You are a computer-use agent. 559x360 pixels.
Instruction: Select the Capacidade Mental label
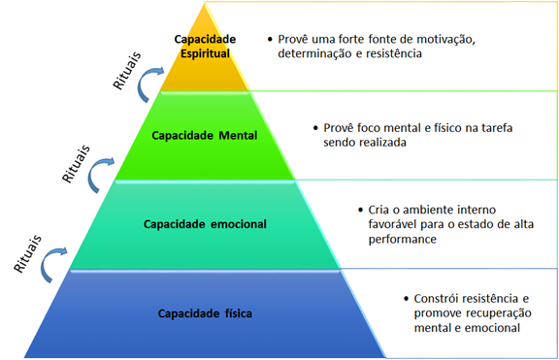tap(205, 135)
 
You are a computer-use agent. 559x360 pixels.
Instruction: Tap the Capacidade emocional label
tap(205, 224)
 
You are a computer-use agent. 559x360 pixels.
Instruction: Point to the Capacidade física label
tap(205, 313)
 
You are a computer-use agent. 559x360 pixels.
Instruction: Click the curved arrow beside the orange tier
tap(148, 89)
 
